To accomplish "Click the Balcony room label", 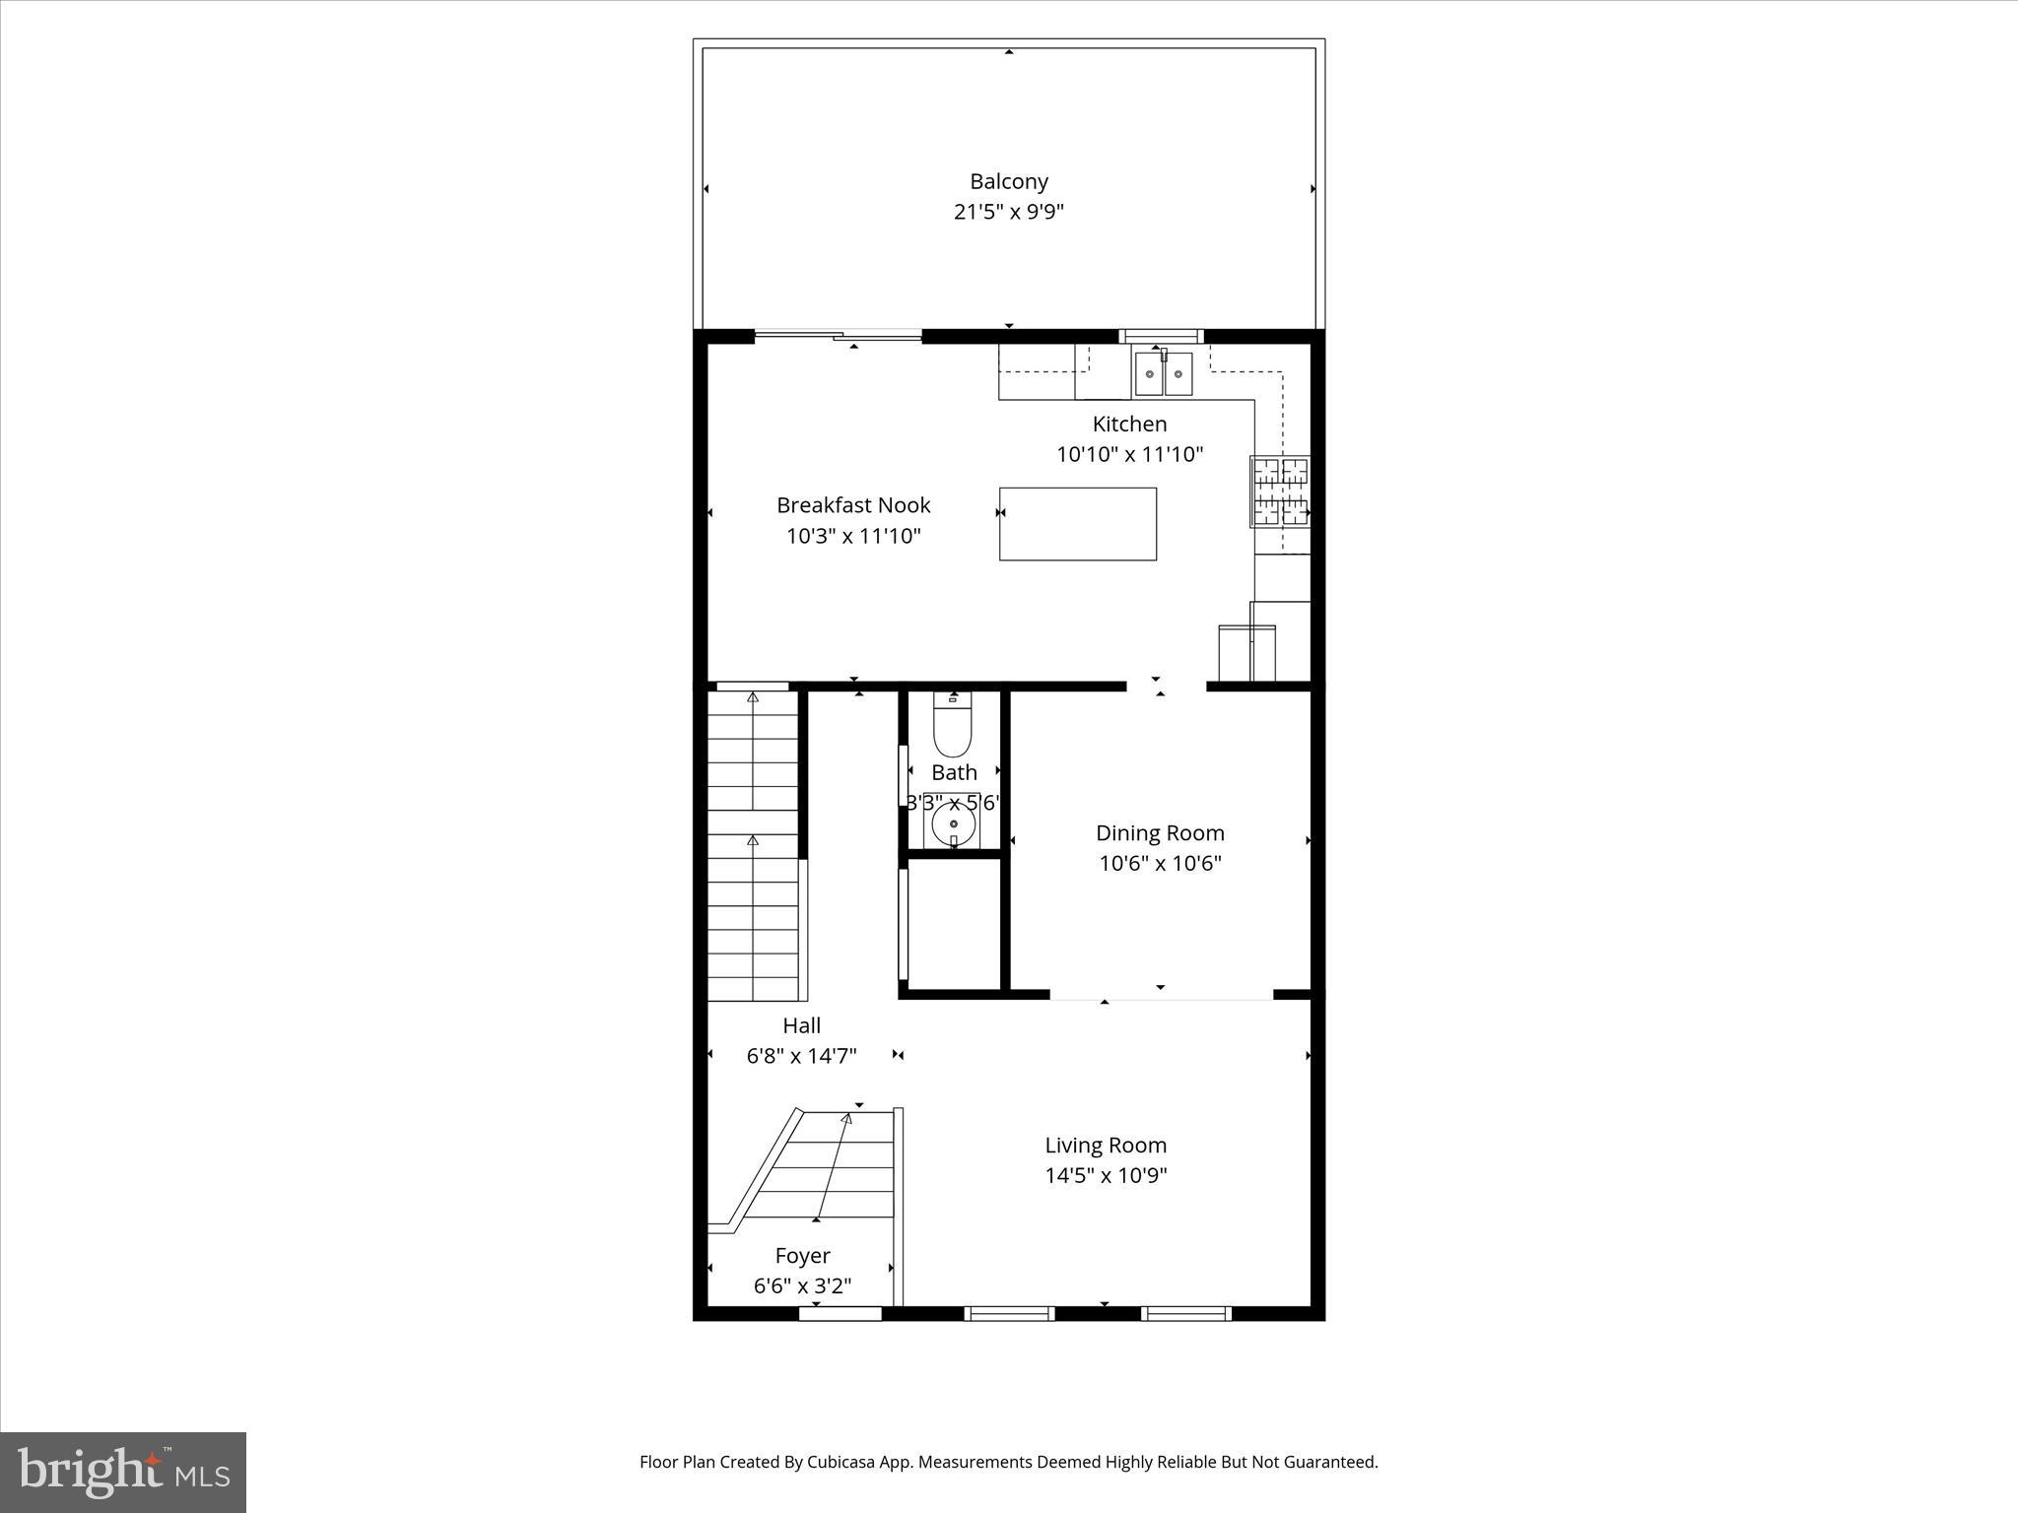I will pos(1008,181).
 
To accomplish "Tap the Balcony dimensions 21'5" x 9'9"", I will pos(1008,212).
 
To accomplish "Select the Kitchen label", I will pos(1129,424).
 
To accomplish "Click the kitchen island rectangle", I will pos(1077,524).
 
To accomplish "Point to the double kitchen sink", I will pos(1163,373).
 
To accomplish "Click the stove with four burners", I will pos(1280,491).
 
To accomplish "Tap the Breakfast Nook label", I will pos(853,505).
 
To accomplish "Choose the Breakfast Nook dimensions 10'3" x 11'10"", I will pos(853,536).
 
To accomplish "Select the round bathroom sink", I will pos(953,823).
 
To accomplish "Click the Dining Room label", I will pos(1160,833).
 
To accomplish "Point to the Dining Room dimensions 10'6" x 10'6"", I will pos(1160,864).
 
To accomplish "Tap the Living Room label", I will pos(1106,1145).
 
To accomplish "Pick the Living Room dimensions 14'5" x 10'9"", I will pos(1106,1175).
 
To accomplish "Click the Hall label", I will pos(801,1025).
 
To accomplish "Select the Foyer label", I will pos(802,1256).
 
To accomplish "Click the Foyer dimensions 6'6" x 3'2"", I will pos(802,1286).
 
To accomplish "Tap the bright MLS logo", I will pos(123,1473).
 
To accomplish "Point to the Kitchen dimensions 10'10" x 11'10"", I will pos(1129,454).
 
